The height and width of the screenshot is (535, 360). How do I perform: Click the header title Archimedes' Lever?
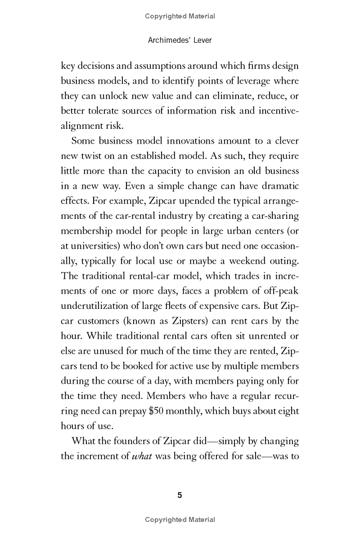(180, 40)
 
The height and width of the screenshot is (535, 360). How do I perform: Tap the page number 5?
(180, 496)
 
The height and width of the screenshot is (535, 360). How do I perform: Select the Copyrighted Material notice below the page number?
(180, 520)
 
